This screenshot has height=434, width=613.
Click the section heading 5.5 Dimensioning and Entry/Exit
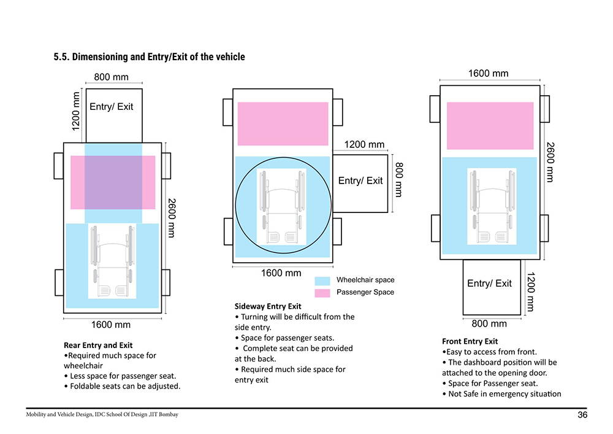pyautogui.click(x=150, y=56)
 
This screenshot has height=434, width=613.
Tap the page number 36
pyautogui.click(x=582, y=415)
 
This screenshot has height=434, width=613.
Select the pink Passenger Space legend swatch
pyautogui.click(x=322, y=293)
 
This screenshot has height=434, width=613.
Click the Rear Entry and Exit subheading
pyautogui.click(x=98, y=345)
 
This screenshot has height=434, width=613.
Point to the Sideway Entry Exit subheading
pyautogui.click(x=268, y=306)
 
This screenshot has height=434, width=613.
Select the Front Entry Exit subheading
pyautogui.click(x=470, y=341)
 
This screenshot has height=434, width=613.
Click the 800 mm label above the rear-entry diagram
pyautogui.click(x=112, y=77)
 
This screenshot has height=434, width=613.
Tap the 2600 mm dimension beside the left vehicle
pyautogui.click(x=172, y=218)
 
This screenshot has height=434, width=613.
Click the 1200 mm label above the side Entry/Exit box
pyautogui.click(x=364, y=144)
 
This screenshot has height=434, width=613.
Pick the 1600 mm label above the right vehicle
pyautogui.click(x=489, y=73)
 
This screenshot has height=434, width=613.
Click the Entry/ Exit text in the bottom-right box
pyautogui.click(x=489, y=284)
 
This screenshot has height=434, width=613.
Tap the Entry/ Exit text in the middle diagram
pyautogui.click(x=360, y=180)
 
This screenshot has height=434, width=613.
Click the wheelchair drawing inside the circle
pyautogui.click(x=281, y=207)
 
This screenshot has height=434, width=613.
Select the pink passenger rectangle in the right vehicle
pyautogui.click(x=490, y=126)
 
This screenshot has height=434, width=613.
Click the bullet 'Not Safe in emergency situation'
pyautogui.click(x=501, y=393)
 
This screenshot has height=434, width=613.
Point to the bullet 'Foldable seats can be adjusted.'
pyautogui.click(x=123, y=386)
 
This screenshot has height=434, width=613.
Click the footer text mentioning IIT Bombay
pyautogui.click(x=102, y=414)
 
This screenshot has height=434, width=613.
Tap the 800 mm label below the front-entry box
pyautogui.click(x=489, y=324)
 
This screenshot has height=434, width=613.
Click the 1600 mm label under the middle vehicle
pyautogui.click(x=281, y=273)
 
